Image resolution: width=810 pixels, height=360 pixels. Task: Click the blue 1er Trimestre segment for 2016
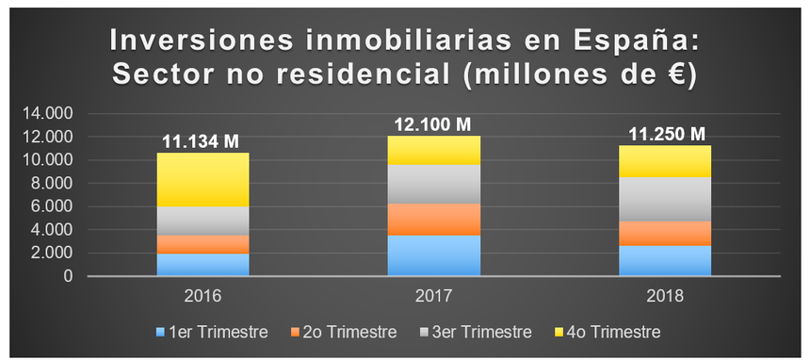point(202,265)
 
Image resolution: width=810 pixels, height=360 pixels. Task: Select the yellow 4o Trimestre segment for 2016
point(202,179)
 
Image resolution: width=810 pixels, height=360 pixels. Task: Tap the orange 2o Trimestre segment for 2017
point(434,219)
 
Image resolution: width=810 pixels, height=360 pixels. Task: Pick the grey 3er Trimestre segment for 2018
point(665,199)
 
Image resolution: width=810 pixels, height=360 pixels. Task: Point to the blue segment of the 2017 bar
point(434,255)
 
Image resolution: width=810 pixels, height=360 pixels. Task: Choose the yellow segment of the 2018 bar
point(665,161)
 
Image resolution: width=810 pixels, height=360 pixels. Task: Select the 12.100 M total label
point(434,124)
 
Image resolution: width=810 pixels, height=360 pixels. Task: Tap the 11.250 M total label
point(665,134)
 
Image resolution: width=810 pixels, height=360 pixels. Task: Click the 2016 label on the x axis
point(202,296)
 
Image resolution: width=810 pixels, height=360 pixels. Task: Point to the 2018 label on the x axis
point(665,296)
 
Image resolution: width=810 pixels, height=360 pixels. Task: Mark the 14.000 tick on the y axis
point(52,114)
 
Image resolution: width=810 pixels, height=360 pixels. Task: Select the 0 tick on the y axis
point(68,277)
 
